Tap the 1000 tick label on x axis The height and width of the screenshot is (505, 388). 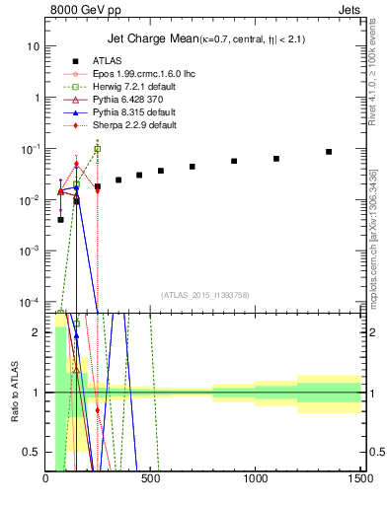click(256, 480)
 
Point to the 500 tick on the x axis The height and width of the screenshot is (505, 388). click(151, 480)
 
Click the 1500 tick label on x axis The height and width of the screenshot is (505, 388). click(360, 480)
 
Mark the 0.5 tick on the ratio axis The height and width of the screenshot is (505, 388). click(32, 452)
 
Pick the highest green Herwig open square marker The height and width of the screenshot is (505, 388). click(97, 149)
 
